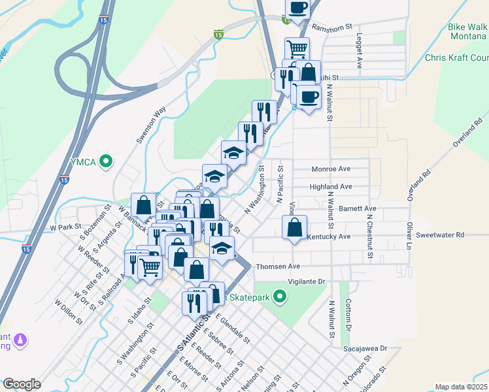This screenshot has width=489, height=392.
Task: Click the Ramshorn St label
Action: (332, 27)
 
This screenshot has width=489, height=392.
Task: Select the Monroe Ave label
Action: (331, 169)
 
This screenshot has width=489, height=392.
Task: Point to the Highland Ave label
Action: (331, 186)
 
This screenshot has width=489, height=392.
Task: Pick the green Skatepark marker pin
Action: (280, 298)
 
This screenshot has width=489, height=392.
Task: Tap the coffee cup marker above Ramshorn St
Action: (298, 8)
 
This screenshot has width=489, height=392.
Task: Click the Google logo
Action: (22, 384)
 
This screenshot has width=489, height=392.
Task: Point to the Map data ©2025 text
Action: (461, 387)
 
